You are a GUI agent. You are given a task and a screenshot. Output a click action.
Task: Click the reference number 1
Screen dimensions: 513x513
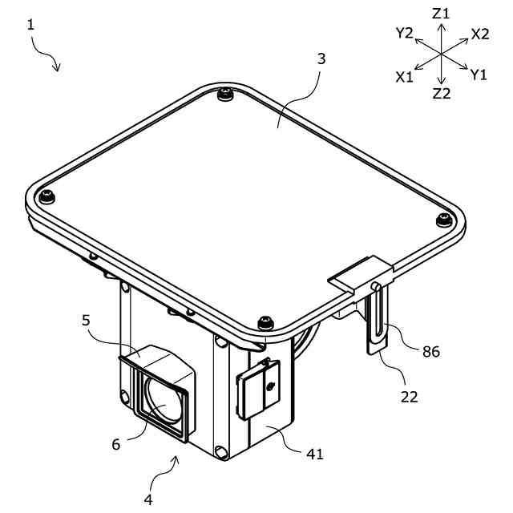coord(30,25)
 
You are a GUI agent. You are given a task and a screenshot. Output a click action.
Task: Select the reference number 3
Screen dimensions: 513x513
coord(321,59)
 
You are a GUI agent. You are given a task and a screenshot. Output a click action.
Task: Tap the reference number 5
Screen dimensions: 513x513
coord(86,321)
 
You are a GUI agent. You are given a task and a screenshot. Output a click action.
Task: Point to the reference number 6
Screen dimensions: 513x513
coord(116,444)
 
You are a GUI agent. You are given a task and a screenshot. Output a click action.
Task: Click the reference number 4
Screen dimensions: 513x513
coord(148,500)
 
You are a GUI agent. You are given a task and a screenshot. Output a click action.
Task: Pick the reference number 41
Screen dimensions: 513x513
coord(315,454)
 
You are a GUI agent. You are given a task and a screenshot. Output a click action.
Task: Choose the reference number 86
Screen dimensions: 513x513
coord(431,352)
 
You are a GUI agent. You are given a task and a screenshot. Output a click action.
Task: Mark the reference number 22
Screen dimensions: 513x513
coord(410,398)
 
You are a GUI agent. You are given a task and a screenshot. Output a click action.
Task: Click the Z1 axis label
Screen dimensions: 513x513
coord(441,14)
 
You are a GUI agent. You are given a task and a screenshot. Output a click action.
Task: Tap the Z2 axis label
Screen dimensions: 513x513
coord(442,94)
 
